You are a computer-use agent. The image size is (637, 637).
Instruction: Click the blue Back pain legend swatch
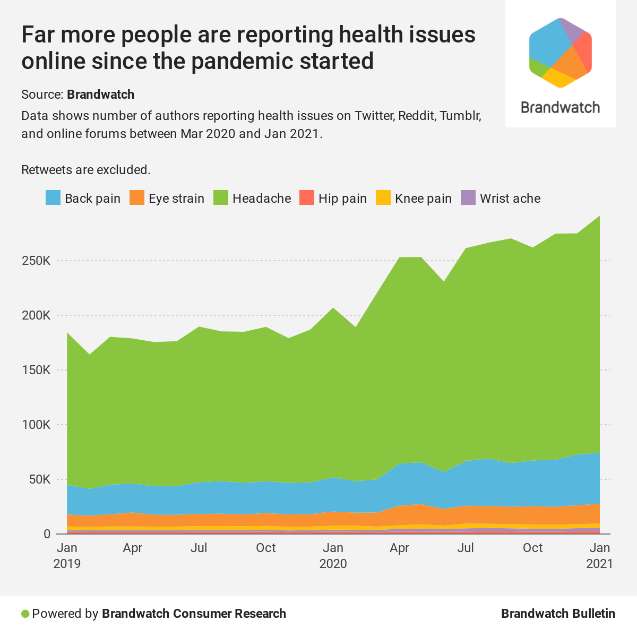click(x=53, y=198)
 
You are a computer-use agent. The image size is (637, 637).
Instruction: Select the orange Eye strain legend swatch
click(x=137, y=198)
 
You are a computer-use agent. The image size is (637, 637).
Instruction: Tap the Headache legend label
click(x=262, y=199)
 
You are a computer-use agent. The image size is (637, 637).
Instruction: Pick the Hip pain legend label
click(x=342, y=199)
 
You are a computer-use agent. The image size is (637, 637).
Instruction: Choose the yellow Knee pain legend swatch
click(x=383, y=198)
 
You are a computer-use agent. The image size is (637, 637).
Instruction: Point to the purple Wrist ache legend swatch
click(x=468, y=198)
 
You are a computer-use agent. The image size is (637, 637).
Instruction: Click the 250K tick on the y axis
click(x=36, y=261)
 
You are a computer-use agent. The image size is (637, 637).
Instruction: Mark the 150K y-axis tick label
click(x=36, y=370)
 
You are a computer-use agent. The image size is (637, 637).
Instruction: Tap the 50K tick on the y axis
click(x=39, y=479)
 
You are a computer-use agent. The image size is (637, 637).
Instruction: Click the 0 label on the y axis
click(x=47, y=534)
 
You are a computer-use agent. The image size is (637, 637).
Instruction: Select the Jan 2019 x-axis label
click(x=67, y=555)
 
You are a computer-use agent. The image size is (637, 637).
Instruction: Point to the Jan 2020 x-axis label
click(x=333, y=555)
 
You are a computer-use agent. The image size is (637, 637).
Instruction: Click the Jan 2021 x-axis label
click(x=599, y=555)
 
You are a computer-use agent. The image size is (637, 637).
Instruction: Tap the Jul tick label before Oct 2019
click(x=199, y=548)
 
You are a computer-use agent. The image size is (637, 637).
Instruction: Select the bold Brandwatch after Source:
click(x=100, y=94)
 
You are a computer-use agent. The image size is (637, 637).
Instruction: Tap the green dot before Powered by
click(x=25, y=614)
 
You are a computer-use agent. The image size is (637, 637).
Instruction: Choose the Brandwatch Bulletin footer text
click(x=558, y=614)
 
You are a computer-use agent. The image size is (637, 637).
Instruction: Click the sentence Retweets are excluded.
click(x=86, y=170)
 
